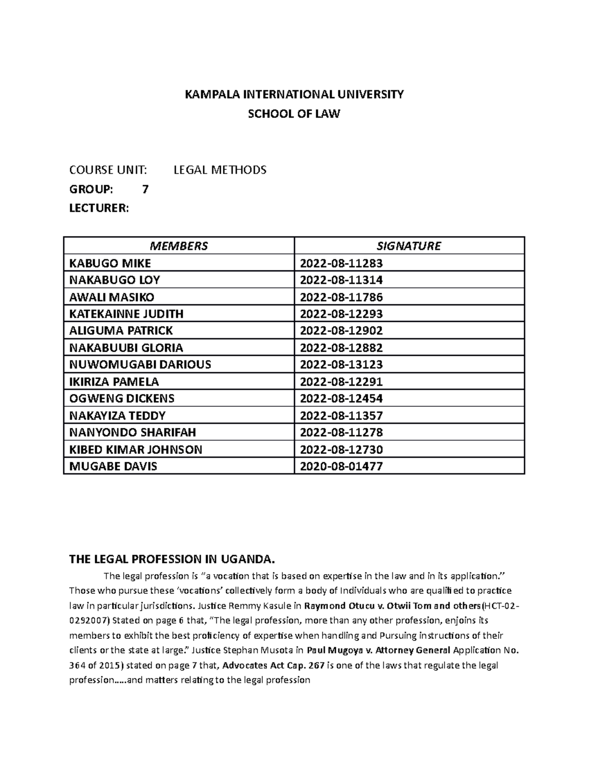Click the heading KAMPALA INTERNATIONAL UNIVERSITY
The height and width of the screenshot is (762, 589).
(294, 95)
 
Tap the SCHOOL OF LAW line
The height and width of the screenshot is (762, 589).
(294, 114)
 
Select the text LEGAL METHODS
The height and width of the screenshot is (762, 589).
(220, 170)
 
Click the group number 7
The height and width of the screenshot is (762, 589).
(145, 189)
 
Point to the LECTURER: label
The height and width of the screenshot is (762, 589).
(99, 209)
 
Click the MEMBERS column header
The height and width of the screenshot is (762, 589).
(179, 246)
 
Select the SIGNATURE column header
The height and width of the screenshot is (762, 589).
(408, 246)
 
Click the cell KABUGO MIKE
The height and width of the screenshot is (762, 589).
(110, 263)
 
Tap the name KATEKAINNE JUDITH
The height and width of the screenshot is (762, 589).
(126, 314)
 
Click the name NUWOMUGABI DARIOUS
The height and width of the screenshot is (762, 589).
(140, 365)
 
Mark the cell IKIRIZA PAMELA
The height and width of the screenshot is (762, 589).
(114, 382)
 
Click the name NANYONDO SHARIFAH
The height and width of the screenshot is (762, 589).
(133, 432)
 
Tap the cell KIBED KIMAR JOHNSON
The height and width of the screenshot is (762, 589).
(135, 449)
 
